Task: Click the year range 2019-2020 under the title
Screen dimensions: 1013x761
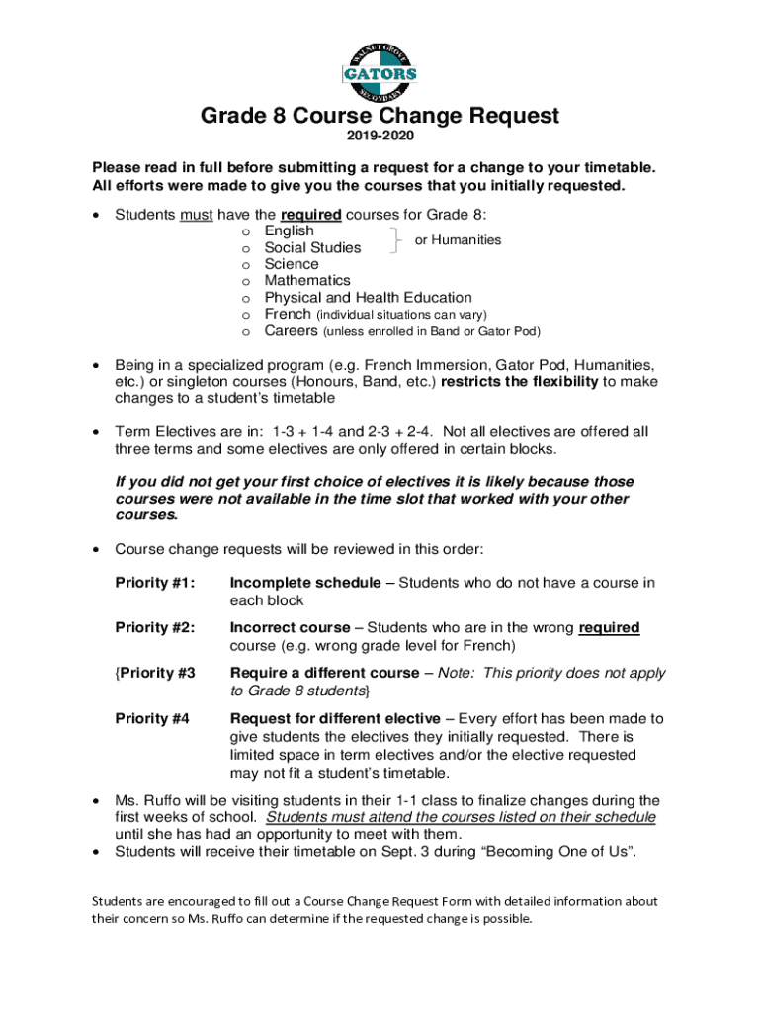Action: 380,136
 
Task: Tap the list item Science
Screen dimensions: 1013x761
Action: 292,264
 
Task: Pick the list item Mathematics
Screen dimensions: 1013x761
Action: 307,281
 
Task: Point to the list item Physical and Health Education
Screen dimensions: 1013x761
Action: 368,298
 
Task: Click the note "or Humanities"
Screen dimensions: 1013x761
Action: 458,240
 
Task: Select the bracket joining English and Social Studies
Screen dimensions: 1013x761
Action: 396,239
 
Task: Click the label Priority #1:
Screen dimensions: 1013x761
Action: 155,583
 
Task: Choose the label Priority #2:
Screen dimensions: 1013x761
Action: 155,627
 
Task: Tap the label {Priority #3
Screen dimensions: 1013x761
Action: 155,673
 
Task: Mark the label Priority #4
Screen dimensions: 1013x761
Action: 153,718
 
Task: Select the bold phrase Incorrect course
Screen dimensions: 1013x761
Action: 290,627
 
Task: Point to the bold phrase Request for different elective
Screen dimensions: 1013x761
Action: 333,718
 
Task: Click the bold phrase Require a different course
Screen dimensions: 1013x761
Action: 324,673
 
